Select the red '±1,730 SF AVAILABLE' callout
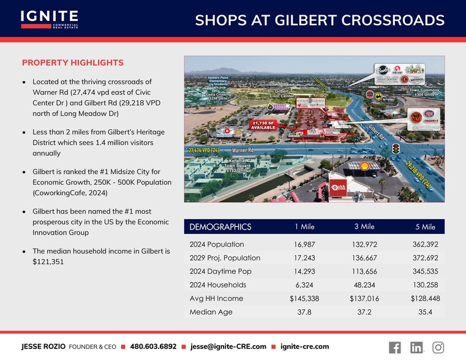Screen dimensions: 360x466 (x=264, y=124)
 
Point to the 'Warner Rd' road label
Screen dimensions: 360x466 (x=243, y=149)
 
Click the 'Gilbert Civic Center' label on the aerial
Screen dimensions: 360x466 (x=282, y=94)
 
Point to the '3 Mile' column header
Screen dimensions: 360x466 (x=364, y=227)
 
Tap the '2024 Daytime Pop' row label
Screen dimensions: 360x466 (x=220, y=271)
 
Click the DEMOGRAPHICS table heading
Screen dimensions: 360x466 (x=220, y=227)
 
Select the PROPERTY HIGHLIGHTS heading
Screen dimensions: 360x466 (x=73, y=63)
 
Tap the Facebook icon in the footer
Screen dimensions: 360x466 (x=395, y=347)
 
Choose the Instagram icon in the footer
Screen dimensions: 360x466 (x=438, y=347)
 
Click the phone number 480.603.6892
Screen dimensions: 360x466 (x=153, y=347)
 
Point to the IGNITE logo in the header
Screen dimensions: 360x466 (x=49, y=18)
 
